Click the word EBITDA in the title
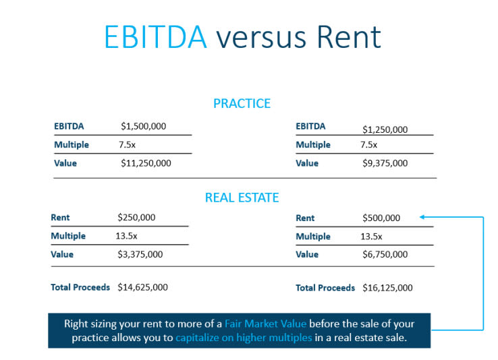tap(156, 37)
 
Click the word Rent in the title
tap(349, 37)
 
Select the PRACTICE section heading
tap(242, 103)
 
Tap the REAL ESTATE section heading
tap(242, 198)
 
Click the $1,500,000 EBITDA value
tap(143, 126)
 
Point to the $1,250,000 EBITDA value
tap(385, 129)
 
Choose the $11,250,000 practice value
tap(146, 163)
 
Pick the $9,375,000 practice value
tap(385, 163)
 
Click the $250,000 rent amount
tap(136, 217)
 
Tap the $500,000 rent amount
tap(381, 218)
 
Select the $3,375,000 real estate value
tap(140, 254)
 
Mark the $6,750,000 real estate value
tap(385, 254)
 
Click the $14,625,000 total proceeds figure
tap(142, 287)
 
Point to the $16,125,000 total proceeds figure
tap(387, 288)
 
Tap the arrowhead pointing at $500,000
tap(422, 217)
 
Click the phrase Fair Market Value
tap(265, 324)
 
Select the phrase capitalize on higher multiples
tap(244, 338)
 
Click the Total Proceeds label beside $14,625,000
tap(80, 287)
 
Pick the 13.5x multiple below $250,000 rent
tap(126, 236)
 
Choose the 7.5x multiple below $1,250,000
tap(368, 145)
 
